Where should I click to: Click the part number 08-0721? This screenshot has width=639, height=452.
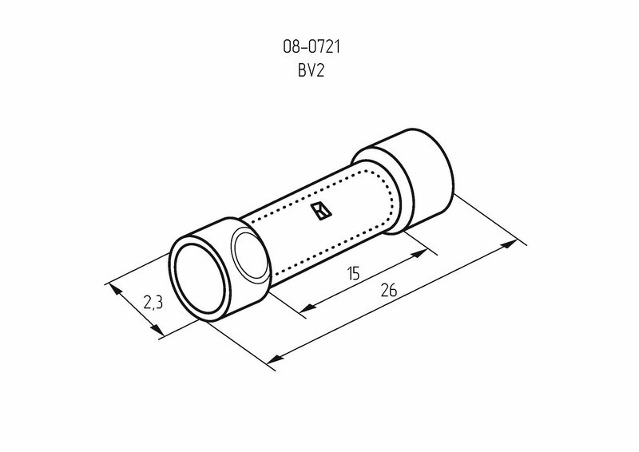click(312, 47)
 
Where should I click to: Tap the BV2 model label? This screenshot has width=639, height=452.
click(312, 71)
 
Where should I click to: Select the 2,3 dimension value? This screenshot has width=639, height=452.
click(153, 303)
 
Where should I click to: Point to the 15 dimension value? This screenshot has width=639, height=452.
click(354, 273)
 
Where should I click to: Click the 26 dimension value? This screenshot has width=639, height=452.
click(389, 290)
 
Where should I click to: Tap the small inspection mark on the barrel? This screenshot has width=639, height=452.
click(321, 212)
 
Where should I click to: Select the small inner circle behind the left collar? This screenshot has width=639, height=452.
click(250, 255)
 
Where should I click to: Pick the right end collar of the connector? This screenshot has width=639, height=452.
click(424, 180)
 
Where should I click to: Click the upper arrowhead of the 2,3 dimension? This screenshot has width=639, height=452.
click(115, 288)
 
